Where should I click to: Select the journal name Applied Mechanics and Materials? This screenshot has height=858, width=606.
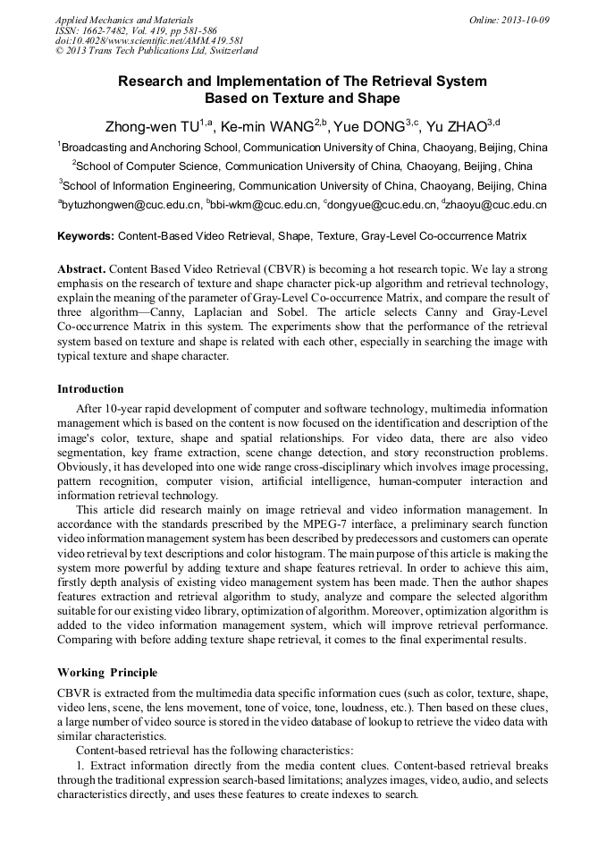point(124,19)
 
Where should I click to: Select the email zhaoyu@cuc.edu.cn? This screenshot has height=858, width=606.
point(497,205)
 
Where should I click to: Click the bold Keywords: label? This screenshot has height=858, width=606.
point(86,236)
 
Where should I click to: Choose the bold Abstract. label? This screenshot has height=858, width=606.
point(82,268)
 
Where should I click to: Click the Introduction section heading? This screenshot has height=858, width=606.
point(90,389)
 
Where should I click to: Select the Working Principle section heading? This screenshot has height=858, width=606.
point(107,672)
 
